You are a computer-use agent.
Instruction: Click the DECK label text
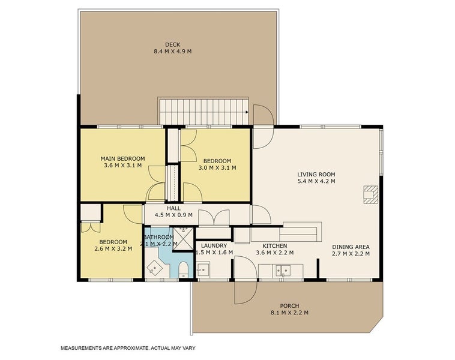click(173, 44)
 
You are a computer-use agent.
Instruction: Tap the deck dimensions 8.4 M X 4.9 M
click(173, 52)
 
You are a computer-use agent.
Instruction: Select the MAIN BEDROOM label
click(122, 158)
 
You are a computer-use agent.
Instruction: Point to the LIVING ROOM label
click(316, 175)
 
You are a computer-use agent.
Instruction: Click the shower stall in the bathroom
click(181, 235)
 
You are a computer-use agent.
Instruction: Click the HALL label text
click(173, 208)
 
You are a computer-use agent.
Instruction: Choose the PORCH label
click(289, 305)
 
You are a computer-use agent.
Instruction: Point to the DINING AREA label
click(351, 247)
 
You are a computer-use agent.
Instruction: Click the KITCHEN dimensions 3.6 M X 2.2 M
click(274, 253)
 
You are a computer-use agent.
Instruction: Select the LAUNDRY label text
click(213, 246)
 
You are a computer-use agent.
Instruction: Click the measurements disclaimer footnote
click(127, 348)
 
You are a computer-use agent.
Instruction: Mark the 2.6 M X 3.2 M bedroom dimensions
click(110, 249)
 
